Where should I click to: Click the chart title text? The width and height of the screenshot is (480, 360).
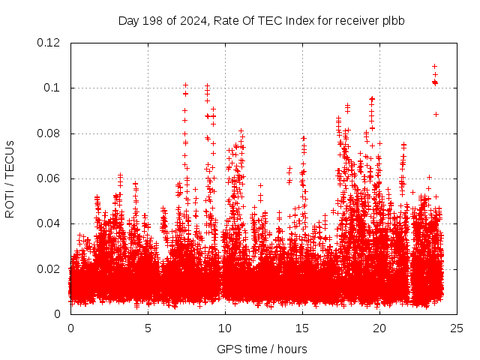[x=261, y=20]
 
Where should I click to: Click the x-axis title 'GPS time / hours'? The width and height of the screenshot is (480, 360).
[x=261, y=349]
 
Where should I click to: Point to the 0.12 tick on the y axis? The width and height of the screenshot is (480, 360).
[x=51, y=43]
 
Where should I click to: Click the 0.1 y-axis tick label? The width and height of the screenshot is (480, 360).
[x=54, y=88]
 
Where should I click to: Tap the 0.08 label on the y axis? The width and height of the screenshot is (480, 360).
[x=51, y=133]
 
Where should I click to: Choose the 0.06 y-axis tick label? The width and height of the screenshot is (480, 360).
[x=51, y=178]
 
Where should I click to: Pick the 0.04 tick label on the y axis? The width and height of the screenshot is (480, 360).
[x=51, y=223]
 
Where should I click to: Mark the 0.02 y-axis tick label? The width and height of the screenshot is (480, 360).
[x=51, y=268]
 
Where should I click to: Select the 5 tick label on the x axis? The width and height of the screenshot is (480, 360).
[x=148, y=328]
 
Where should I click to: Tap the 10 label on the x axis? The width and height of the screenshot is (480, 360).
[x=225, y=328]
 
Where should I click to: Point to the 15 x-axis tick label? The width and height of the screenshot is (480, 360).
[x=302, y=328]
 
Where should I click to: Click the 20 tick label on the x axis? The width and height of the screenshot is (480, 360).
[x=379, y=328]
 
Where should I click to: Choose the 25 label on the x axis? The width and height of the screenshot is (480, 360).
[x=457, y=328]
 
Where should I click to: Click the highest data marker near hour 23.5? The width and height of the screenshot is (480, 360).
[x=435, y=66]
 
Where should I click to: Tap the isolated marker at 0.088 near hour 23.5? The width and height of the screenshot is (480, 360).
[x=436, y=114]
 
